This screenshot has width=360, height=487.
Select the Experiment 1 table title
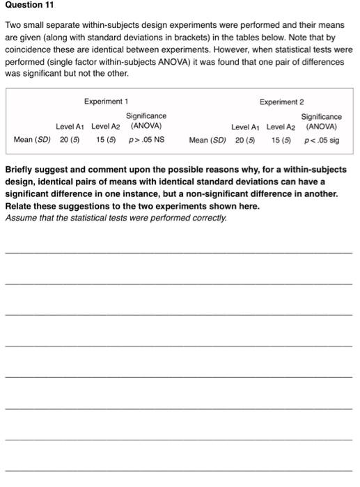[106, 102]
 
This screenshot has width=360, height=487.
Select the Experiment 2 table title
[281, 102]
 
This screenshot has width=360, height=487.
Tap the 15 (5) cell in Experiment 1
[106, 140]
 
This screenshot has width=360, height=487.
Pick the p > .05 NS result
[147, 140]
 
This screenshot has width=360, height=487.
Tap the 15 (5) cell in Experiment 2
[281, 140]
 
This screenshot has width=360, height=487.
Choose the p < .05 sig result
[322, 140]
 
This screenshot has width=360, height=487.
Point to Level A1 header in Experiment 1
[70, 127]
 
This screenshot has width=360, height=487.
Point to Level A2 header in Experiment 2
[281, 127]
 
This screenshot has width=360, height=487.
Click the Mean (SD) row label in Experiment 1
[32, 140]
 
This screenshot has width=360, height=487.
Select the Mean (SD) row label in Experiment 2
[208, 140]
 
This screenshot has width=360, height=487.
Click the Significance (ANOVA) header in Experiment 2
[322, 122]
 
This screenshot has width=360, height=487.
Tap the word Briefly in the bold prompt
[21, 170]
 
